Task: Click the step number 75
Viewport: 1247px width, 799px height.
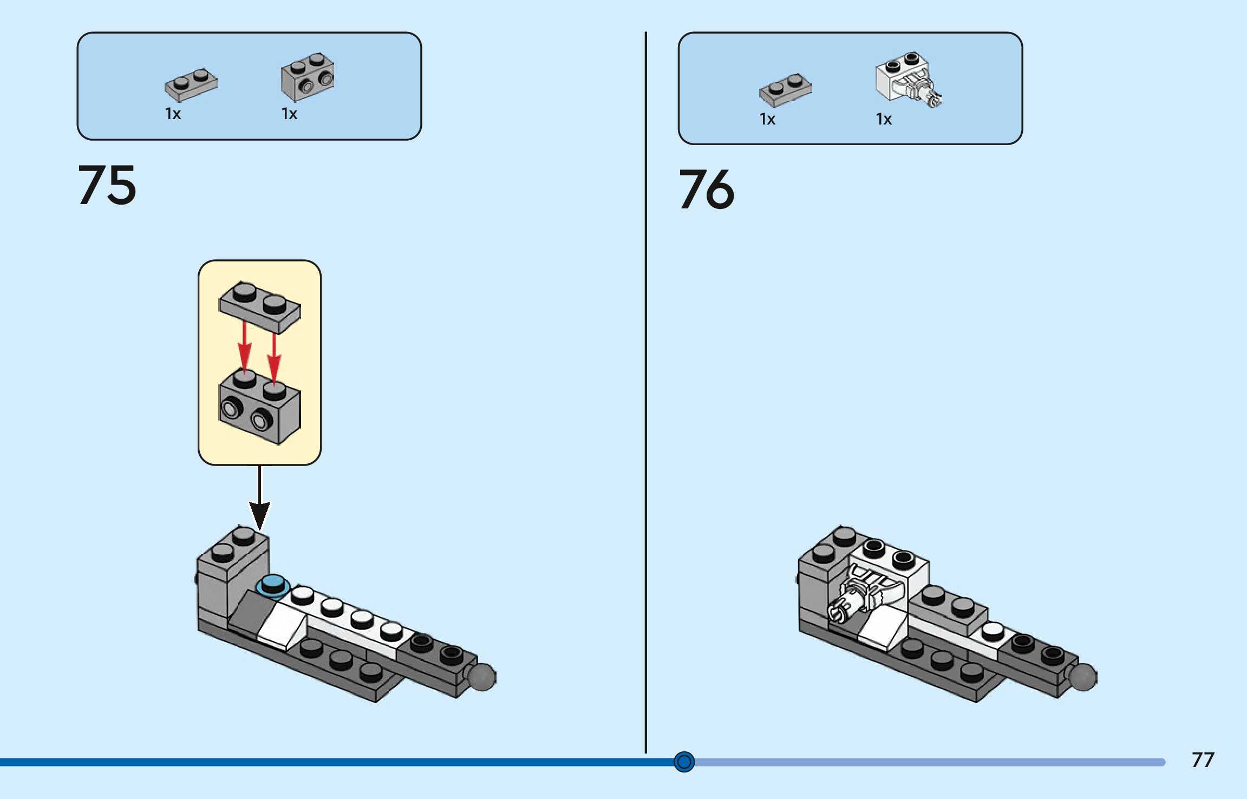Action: point(107,185)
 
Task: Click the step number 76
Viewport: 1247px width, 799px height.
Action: point(707,189)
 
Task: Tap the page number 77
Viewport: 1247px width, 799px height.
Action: point(1203,759)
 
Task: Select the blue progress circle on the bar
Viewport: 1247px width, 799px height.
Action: point(684,762)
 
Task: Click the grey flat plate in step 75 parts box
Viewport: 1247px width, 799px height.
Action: point(191,85)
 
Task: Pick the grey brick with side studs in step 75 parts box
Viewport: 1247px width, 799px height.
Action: point(308,77)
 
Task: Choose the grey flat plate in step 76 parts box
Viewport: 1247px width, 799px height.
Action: point(786,90)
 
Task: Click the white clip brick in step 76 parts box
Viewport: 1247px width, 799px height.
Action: point(909,80)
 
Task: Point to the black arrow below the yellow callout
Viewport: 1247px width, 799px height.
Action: point(259,498)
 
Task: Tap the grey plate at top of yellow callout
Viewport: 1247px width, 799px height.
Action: point(259,307)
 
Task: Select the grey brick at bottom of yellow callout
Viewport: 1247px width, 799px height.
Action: point(259,406)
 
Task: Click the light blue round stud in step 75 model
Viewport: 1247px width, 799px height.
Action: point(272,585)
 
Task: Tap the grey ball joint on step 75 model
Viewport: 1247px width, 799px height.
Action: point(481,677)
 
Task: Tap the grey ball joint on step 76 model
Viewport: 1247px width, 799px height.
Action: point(1082,677)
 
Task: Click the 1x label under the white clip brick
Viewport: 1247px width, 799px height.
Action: point(884,119)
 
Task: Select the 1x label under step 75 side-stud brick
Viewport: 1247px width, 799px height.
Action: point(289,114)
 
